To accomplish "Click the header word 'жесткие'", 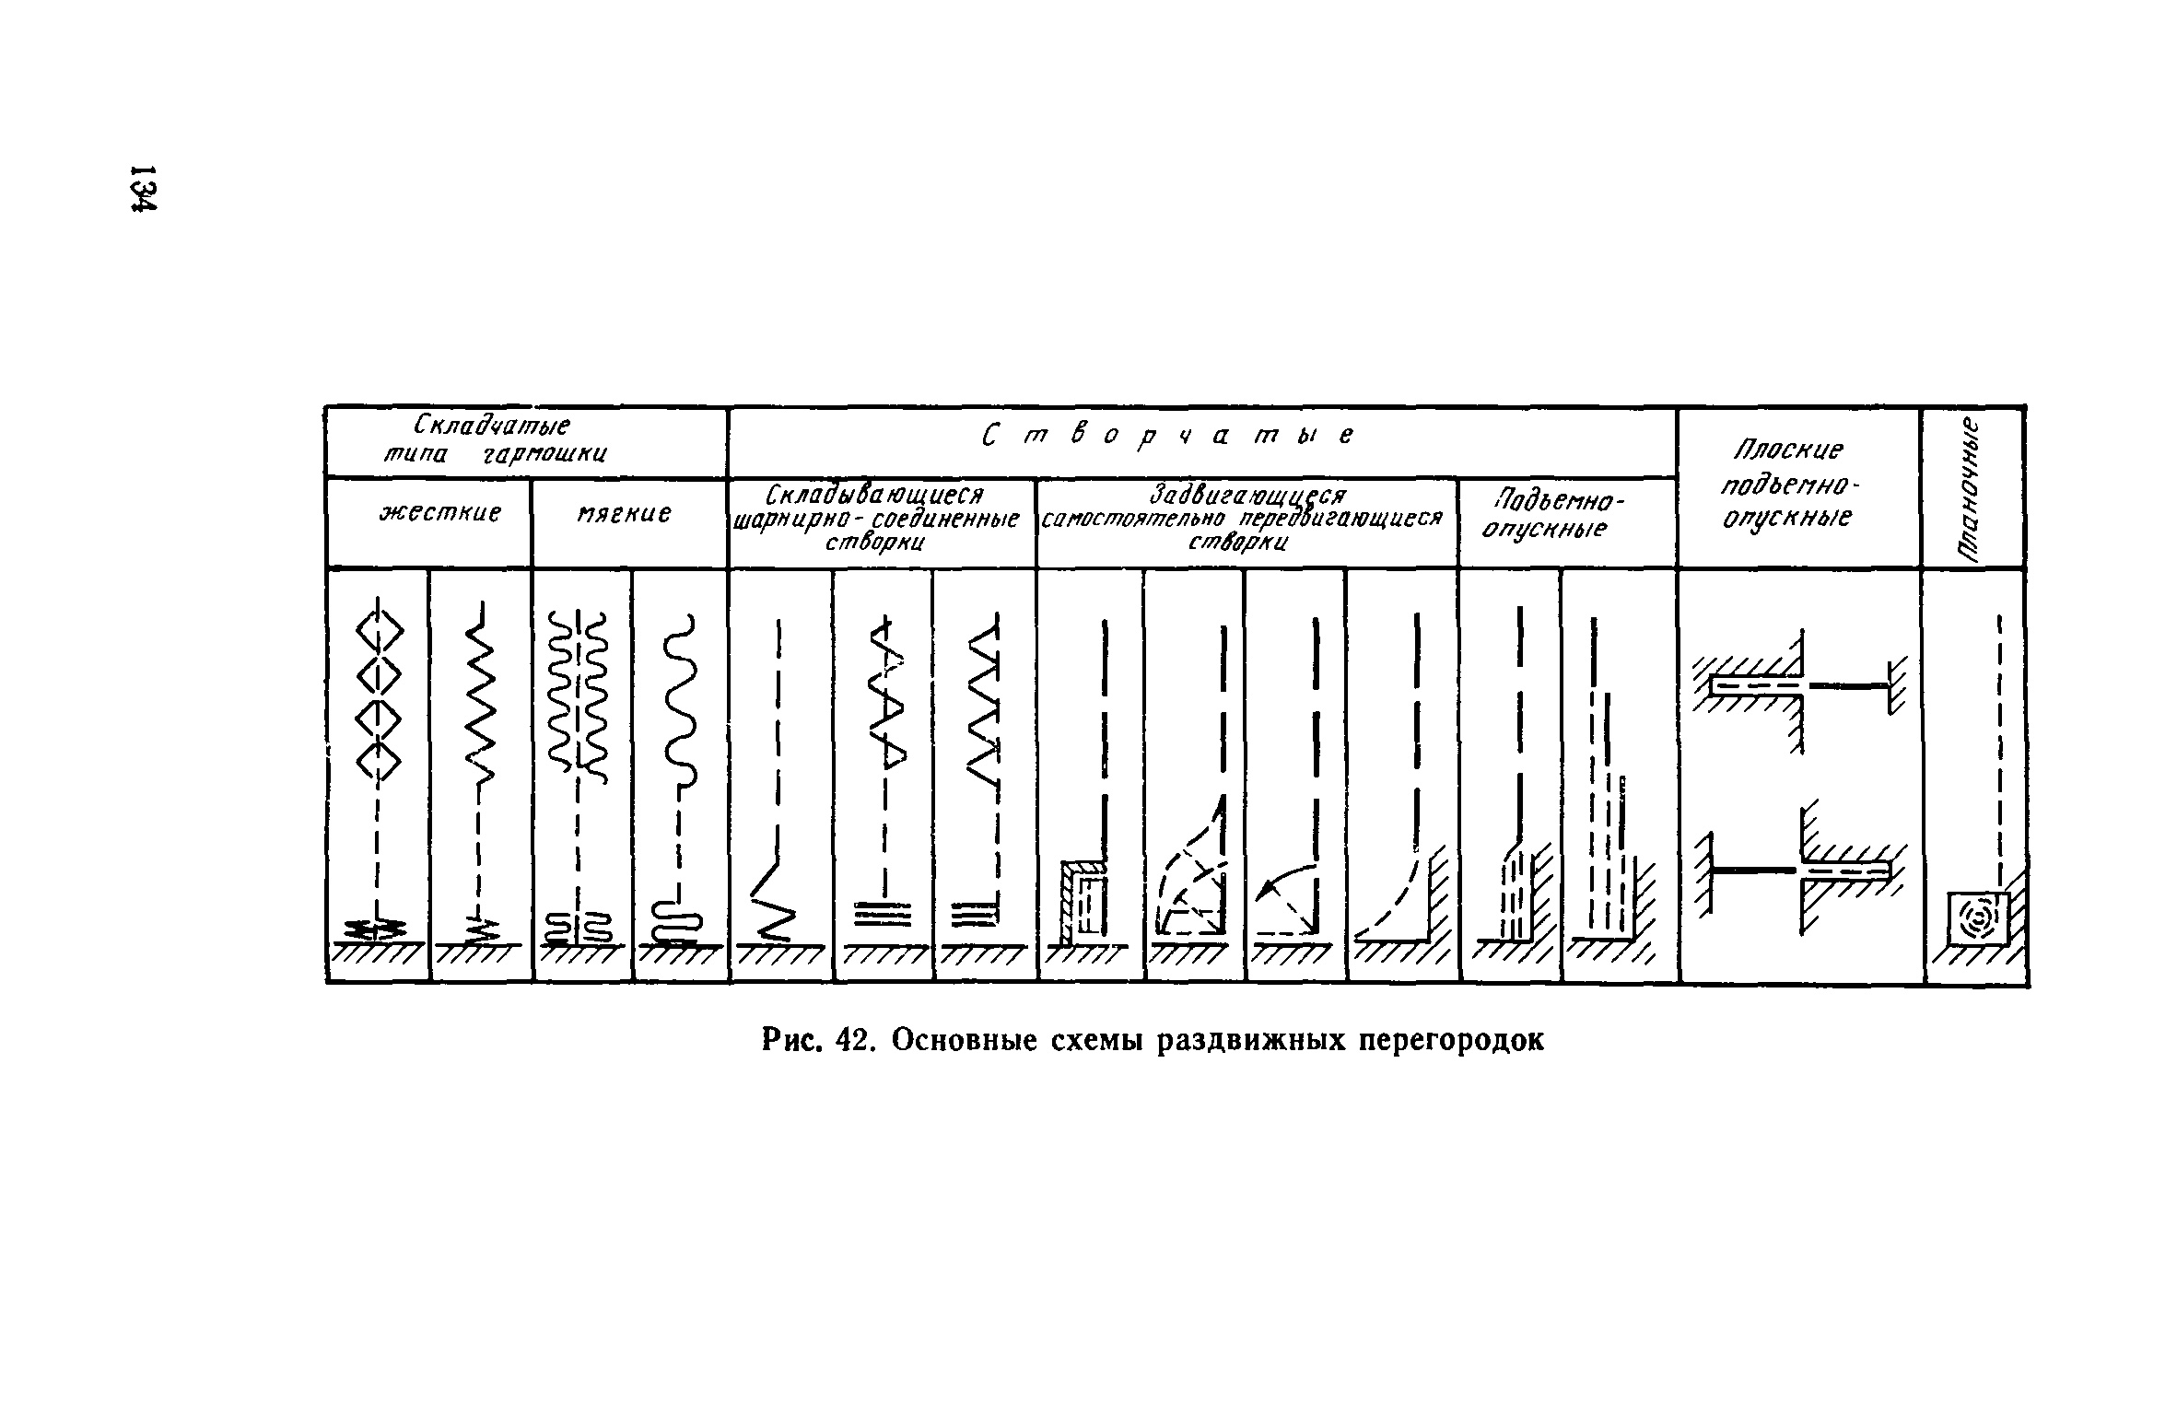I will click(440, 512).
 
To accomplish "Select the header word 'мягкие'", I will click(626, 512).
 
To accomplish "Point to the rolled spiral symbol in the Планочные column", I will click(1977, 918).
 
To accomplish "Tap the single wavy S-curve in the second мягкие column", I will click(683, 700).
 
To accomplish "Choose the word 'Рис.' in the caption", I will click(793, 1040).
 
